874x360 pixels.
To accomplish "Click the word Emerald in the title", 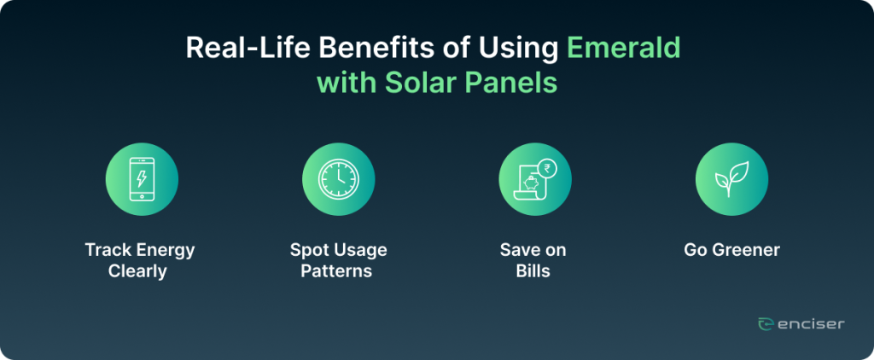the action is (x=624, y=49).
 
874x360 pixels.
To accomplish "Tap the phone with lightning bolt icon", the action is (x=142, y=179).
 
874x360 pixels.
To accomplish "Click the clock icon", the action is (x=338, y=179).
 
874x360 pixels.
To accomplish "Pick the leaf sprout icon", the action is (x=731, y=179).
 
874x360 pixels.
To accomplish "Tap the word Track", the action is (x=102, y=250).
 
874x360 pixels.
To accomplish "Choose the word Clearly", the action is (x=137, y=271).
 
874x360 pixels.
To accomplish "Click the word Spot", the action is (x=306, y=250).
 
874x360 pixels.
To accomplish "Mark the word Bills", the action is (x=533, y=271).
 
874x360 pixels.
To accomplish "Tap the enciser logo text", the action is (x=810, y=324).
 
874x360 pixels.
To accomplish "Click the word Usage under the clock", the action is (x=358, y=250).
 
